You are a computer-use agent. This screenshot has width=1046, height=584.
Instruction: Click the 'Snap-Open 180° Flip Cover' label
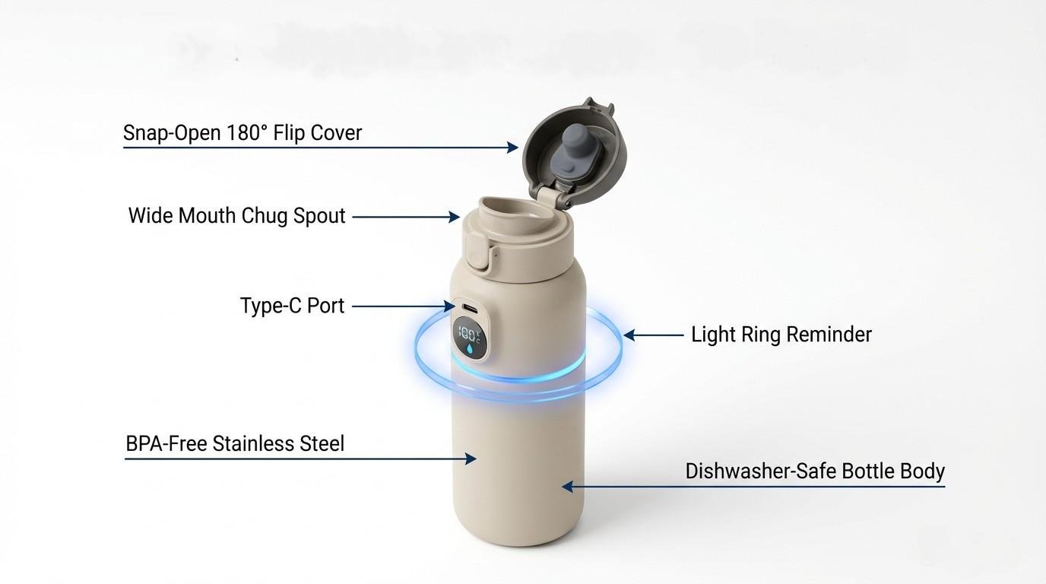(x=242, y=133)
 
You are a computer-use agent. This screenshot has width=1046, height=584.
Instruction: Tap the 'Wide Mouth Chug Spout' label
(x=236, y=216)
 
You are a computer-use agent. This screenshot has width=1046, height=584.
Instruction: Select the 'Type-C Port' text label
(x=292, y=306)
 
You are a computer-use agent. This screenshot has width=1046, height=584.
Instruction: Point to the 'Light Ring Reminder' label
(x=781, y=335)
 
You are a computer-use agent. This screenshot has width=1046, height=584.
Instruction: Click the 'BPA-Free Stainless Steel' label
(x=235, y=444)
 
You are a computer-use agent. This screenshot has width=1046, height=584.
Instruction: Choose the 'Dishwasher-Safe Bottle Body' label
(x=815, y=471)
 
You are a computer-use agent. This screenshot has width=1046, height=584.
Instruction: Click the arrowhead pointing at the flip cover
(x=513, y=147)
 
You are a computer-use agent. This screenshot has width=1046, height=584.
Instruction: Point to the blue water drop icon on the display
(x=469, y=348)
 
